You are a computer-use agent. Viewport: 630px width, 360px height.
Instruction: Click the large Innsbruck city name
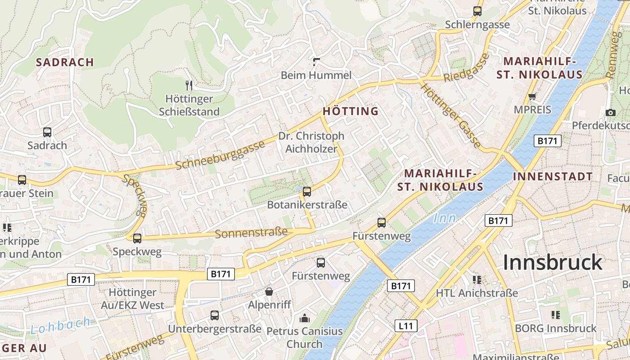pos(552,262)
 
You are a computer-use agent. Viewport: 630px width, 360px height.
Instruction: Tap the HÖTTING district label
pos(351,111)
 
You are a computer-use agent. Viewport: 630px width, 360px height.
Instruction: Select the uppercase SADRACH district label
pos(65,62)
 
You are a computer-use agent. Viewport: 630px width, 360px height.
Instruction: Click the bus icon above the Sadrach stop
pos(47,132)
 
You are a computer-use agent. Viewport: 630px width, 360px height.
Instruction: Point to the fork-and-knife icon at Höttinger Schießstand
pos(189,85)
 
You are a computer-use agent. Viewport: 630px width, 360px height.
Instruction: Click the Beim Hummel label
pos(316,75)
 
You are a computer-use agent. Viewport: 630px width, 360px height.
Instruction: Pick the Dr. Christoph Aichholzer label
pos(311,142)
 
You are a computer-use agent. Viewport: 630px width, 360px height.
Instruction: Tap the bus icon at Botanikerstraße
pos(307,192)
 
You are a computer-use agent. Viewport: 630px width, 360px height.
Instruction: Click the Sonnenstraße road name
pos(251,233)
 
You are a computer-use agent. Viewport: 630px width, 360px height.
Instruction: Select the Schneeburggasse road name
pos(220,155)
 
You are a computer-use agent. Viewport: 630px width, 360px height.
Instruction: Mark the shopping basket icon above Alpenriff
pos(269,292)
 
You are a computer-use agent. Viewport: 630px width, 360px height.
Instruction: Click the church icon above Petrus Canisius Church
pos(305,318)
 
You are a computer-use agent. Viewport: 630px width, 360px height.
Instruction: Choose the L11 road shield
pos(405,326)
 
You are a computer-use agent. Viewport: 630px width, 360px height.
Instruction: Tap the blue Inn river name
pos(445,219)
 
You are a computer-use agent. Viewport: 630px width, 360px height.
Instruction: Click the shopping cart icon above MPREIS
pos(532,96)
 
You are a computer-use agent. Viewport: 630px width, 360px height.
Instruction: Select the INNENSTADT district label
pos(553,176)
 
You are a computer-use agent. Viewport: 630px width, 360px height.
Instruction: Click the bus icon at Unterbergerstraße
pos(215,315)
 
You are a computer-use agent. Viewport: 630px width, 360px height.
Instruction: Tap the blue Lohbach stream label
pos(60,325)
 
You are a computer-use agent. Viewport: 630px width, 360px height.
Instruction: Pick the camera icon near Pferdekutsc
pos(610,112)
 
